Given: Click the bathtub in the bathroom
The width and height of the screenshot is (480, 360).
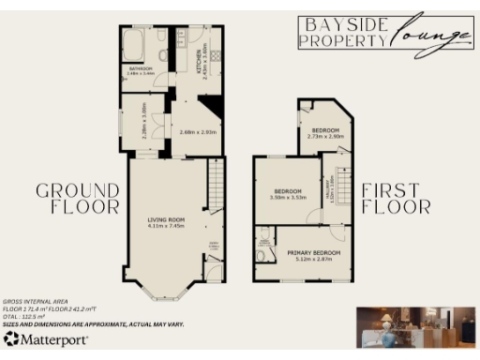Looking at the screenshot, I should click(132, 44).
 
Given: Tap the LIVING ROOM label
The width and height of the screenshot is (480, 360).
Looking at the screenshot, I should click(166, 221).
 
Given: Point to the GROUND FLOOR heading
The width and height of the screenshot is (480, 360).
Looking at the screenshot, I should click(78, 199).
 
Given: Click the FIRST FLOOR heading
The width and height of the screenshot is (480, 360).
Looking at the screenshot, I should click(397, 198).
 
